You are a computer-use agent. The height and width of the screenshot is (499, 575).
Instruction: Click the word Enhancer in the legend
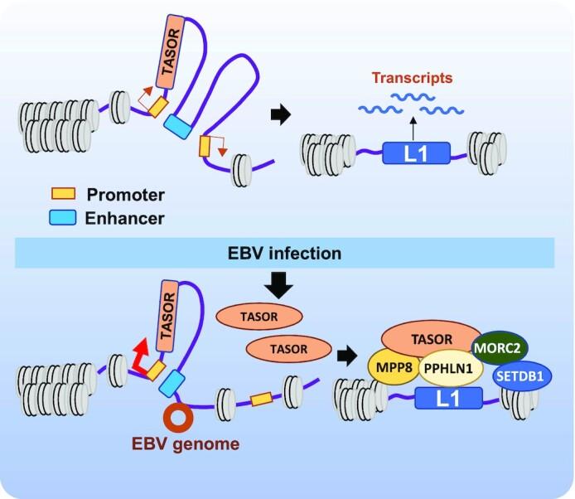pos(127,219)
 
